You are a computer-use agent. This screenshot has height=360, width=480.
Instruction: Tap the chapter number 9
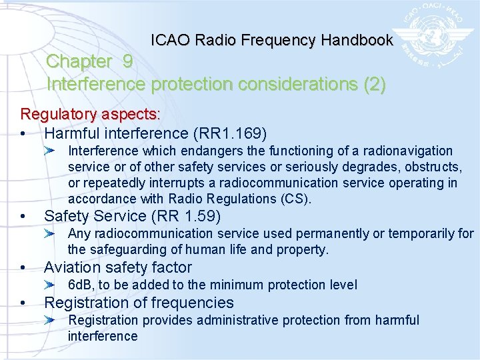(x=127, y=61)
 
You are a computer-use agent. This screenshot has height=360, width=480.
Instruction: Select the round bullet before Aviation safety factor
(x=23, y=268)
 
